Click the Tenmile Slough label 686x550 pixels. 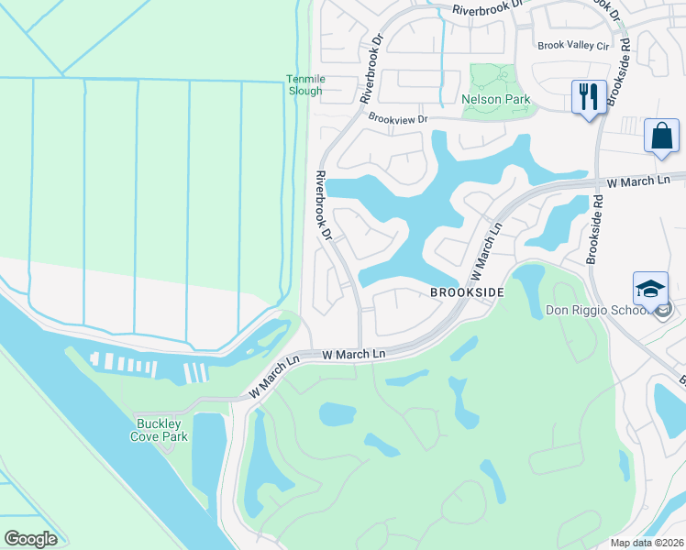pyautogui.click(x=304, y=85)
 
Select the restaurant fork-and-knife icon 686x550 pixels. pyautogui.click(x=587, y=96)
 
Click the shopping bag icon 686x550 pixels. pyautogui.click(x=660, y=136)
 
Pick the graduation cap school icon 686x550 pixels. pyautogui.click(x=650, y=288)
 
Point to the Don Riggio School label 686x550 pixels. pyautogui.click(x=598, y=311)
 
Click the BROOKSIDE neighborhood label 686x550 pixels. pyautogui.click(x=467, y=291)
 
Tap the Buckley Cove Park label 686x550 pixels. pyautogui.click(x=161, y=430)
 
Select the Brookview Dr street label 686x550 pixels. pyautogui.click(x=398, y=118)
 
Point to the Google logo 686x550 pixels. pyautogui.click(x=30, y=539)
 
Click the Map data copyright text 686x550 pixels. pyautogui.click(x=647, y=543)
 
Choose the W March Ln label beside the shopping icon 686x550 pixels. pyautogui.click(x=638, y=182)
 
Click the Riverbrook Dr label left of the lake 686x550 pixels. pyautogui.click(x=323, y=206)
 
